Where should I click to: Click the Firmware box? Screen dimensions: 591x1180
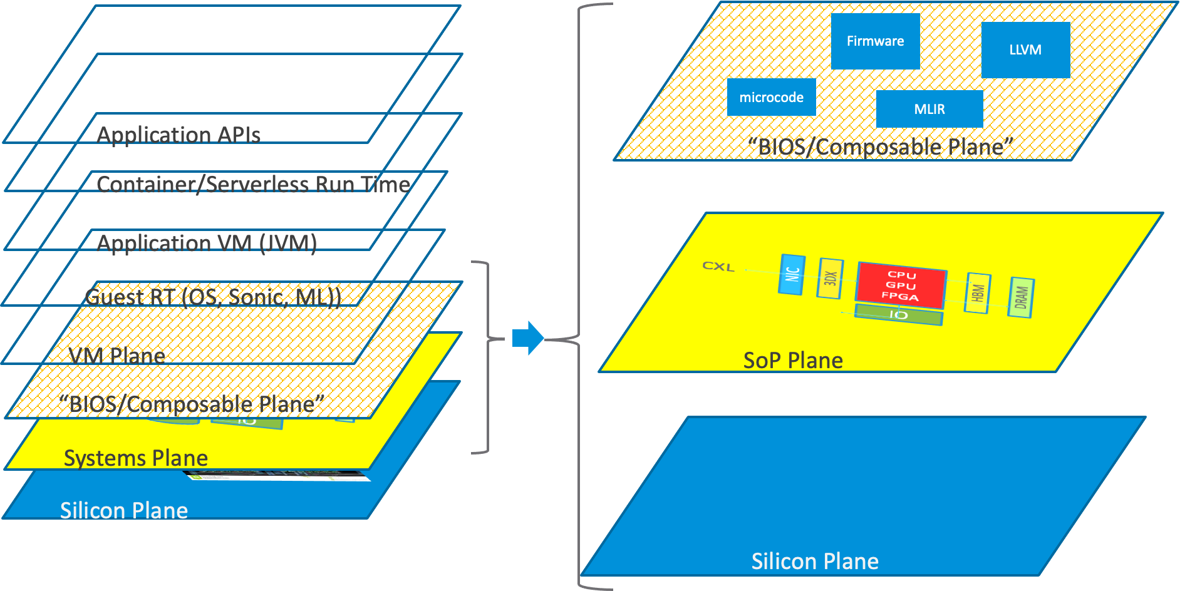click(x=875, y=41)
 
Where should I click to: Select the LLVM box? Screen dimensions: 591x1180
click(x=1025, y=50)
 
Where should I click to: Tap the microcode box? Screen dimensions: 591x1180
click(x=771, y=97)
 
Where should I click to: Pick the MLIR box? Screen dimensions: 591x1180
click(x=929, y=109)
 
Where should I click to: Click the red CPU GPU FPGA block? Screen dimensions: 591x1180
click(x=901, y=285)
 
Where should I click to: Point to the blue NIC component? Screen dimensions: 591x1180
click(x=792, y=274)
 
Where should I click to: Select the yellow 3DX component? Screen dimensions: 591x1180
click(x=830, y=278)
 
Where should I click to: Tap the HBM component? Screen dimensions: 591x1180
click(x=978, y=292)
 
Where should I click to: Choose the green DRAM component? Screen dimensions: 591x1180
click(x=1021, y=297)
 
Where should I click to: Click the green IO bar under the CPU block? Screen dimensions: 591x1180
click(x=898, y=314)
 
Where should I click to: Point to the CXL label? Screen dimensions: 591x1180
click(x=718, y=266)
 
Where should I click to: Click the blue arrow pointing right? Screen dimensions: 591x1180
click(x=528, y=338)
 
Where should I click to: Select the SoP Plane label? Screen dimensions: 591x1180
click(x=792, y=361)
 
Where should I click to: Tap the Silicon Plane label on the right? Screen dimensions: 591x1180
click(x=814, y=562)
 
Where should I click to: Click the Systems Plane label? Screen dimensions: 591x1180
click(x=135, y=458)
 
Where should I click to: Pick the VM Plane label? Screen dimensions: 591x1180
click(x=116, y=356)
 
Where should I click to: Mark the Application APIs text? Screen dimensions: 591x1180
click(x=179, y=135)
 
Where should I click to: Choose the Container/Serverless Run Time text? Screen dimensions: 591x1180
click(x=253, y=184)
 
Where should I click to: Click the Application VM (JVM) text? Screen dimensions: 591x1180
click(x=207, y=243)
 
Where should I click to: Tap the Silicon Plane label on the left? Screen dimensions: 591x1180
click(x=123, y=511)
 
